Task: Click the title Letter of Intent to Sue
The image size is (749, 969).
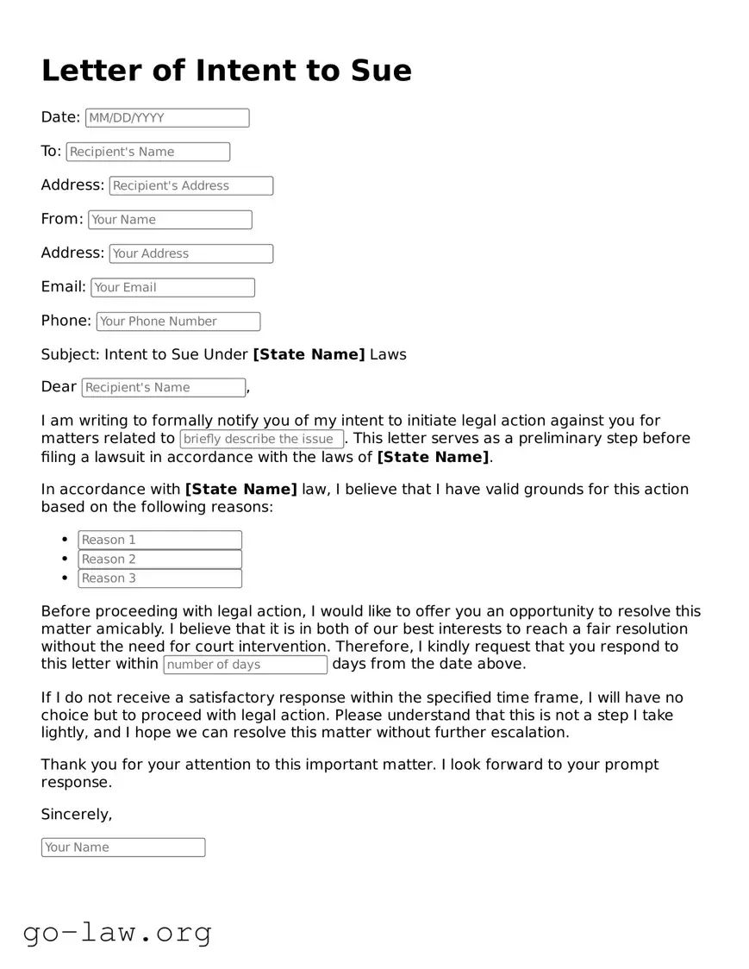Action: [226, 71]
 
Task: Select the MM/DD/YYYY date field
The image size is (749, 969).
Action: [167, 118]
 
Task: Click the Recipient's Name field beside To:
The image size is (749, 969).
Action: [148, 152]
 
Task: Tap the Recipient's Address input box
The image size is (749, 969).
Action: [190, 185]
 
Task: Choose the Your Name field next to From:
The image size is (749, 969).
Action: [170, 220]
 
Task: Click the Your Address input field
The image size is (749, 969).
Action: [190, 253]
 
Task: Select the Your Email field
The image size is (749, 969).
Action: [172, 287]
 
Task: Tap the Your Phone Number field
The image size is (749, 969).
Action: [178, 322]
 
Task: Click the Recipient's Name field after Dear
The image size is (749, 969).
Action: [164, 388]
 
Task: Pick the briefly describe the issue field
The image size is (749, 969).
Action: [262, 439]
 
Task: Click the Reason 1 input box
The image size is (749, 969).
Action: [159, 540]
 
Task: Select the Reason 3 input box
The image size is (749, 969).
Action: [159, 578]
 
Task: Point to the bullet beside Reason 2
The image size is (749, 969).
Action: [65, 559]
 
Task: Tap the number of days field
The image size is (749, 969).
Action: [245, 665]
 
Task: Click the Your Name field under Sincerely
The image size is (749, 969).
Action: [123, 847]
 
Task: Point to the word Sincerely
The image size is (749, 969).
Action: [76, 815]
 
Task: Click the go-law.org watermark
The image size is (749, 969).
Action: [117, 932]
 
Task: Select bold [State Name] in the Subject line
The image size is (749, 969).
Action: [309, 354]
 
